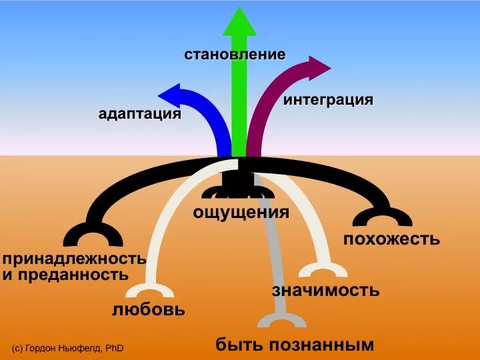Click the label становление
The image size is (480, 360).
[x=235, y=54]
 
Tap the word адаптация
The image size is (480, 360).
[x=140, y=114]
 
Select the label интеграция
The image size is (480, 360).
[x=328, y=101]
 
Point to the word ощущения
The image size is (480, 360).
[x=241, y=213]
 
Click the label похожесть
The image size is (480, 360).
[x=391, y=238]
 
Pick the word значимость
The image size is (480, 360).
[x=326, y=290]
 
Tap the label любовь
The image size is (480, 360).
[x=148, y=310]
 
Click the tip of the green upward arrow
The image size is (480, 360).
[x=239, y=10]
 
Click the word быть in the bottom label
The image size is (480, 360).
[x=239, y=345]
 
